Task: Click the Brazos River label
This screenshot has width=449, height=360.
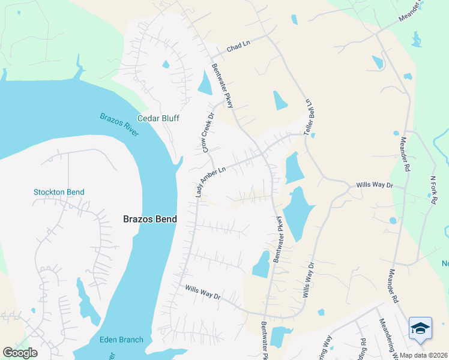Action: (x=119, y=124)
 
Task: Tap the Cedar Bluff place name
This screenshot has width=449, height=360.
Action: (x=158, y=119)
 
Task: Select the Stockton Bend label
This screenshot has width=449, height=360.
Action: (x=59, y=193)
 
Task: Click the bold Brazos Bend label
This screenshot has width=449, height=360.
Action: (x=150, y=219)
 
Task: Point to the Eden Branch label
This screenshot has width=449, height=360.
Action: (x=121, y=340)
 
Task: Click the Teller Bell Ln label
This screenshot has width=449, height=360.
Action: (x=310, y=117)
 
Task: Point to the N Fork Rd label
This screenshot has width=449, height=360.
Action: (x=432, y=189)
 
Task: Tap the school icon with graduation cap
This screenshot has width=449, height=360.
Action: (x=420, y=328)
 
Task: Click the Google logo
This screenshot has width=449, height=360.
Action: (x=20, y=353)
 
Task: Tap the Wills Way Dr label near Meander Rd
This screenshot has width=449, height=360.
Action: (x=373, y=185)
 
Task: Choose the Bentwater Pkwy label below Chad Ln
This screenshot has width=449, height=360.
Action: (x=223, y=86)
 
